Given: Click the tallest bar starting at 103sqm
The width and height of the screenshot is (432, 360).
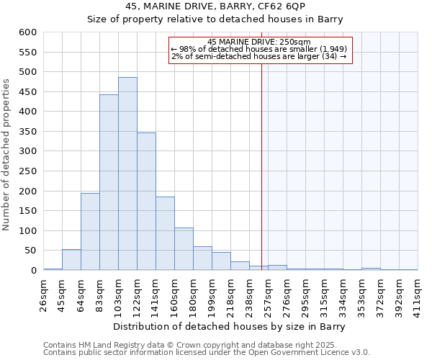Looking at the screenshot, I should tap(127, 174).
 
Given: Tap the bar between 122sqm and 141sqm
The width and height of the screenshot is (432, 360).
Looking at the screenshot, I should tap(146, 202).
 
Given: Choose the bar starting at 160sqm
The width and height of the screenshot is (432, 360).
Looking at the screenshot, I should tap(184, 249).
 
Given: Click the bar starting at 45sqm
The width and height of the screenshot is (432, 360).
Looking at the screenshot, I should tap(71, 260).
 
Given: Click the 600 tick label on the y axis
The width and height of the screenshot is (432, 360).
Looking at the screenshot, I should tap(28, 32).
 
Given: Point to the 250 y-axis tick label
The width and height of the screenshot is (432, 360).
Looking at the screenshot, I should tap(28, 171).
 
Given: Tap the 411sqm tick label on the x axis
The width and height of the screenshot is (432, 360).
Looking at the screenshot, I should tap(418, 293).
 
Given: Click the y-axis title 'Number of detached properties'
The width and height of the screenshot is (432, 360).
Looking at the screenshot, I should tap(7, 156).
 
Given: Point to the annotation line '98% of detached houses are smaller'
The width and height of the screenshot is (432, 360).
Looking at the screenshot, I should tap(259, 49).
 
